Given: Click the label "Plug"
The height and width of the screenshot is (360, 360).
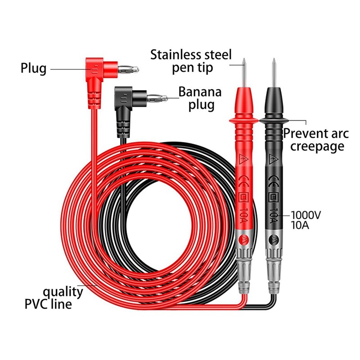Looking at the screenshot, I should pyautogui.click(x=33, y=69).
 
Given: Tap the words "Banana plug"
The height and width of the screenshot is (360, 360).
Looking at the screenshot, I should pyautogui.click(x=200, y=98).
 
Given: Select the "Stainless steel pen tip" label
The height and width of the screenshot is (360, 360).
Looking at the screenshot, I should pyautogui.click(x=191, y=62).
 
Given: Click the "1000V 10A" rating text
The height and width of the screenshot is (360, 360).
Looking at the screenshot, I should pyautogui.click(x=306, y=220).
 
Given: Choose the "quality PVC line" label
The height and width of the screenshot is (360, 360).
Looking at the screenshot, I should pyautogui.click(x=63, y=297).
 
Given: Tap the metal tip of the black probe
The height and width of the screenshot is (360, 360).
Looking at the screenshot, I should pyautogui.click(x=273, y=72).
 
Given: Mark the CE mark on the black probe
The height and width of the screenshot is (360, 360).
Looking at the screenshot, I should pyautogui.click(x=273, y=178).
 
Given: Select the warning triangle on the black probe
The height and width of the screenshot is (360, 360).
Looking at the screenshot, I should pyautogui.click(x=273, y=159).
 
